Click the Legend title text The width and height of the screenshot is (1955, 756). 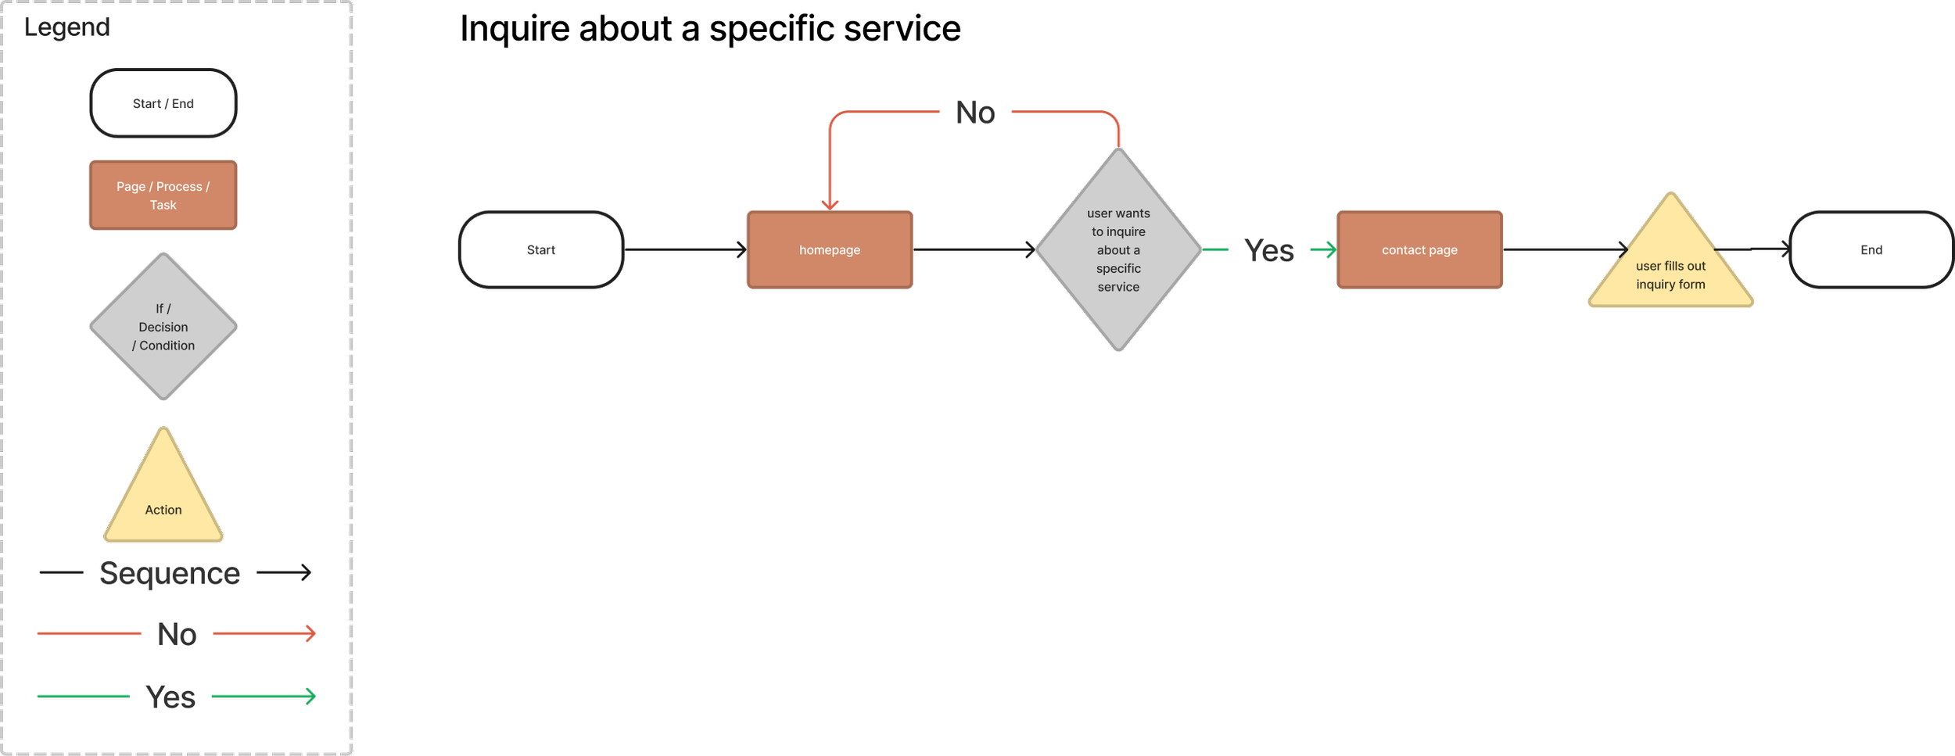(66, 27)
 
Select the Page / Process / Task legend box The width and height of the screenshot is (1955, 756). (163, 195)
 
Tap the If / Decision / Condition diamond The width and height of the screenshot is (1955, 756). (163, 327)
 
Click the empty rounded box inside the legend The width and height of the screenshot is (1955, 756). (163, 103)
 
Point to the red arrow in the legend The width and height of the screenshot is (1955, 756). (264, 632)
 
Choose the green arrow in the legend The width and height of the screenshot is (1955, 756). (264, 696)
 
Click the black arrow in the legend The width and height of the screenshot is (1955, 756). (283, 572)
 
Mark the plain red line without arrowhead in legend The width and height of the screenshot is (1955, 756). (88, 632)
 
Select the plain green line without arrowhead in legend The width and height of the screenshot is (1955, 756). (83, 696)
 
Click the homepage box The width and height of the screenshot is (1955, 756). (830, 249)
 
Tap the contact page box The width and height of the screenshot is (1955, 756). (1419, 249)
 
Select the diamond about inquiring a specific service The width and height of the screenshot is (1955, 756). (1118, 249)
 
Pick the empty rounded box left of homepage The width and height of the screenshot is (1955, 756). (541, 249)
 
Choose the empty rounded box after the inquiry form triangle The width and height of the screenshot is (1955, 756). (1871, 249)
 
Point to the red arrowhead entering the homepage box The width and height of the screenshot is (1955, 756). (830, 204)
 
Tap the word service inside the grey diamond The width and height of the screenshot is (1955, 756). (1118, 287)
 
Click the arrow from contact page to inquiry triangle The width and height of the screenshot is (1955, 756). (1564, 249)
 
